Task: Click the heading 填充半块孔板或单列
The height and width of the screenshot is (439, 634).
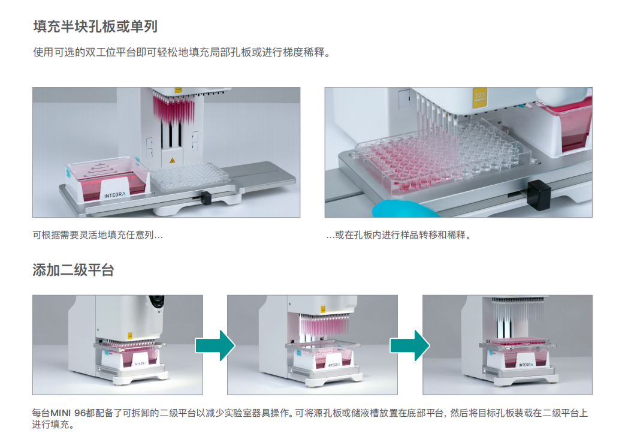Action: coord(95,26)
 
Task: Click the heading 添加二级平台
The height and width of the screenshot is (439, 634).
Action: coord(73,270)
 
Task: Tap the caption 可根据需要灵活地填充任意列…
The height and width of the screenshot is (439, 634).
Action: coord(98,235)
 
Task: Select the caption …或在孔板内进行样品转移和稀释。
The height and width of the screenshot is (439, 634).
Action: coord(398,235)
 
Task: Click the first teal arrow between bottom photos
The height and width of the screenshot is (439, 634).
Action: coord(215,345)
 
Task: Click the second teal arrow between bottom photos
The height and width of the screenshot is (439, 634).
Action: coord(410,345)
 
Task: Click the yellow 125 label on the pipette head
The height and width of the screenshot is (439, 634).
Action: coord(480,97)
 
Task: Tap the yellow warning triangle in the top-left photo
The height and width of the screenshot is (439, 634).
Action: coord(172,161)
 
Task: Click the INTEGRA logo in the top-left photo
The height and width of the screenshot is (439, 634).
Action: coord(115,195)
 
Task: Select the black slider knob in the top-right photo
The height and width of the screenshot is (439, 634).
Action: coord(539,195)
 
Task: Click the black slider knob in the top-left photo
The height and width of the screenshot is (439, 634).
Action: coord(206,198)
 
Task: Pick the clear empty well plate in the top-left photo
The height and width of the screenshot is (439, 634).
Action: coord(189,176)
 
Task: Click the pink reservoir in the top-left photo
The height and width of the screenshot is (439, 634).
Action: coord(106,180)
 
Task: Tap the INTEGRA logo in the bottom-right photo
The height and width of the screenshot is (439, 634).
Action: coord(526,365)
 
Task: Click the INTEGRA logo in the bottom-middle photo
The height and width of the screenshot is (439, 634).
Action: coord(334,365)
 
